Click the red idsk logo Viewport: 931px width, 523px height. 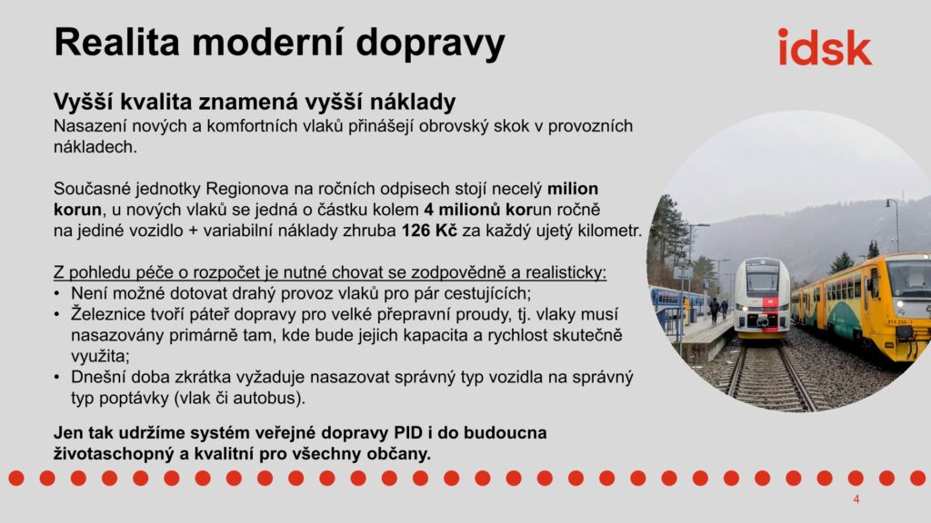coord(825,47)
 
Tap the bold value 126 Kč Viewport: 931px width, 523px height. coord(429,230)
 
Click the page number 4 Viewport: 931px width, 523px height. coord(856,499)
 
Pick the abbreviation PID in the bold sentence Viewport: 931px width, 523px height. coord(408,432)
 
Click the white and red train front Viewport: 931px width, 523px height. coord(762,297)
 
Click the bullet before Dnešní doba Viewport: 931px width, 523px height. coord(56,377)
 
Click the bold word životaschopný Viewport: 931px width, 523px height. coord(111,454)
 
